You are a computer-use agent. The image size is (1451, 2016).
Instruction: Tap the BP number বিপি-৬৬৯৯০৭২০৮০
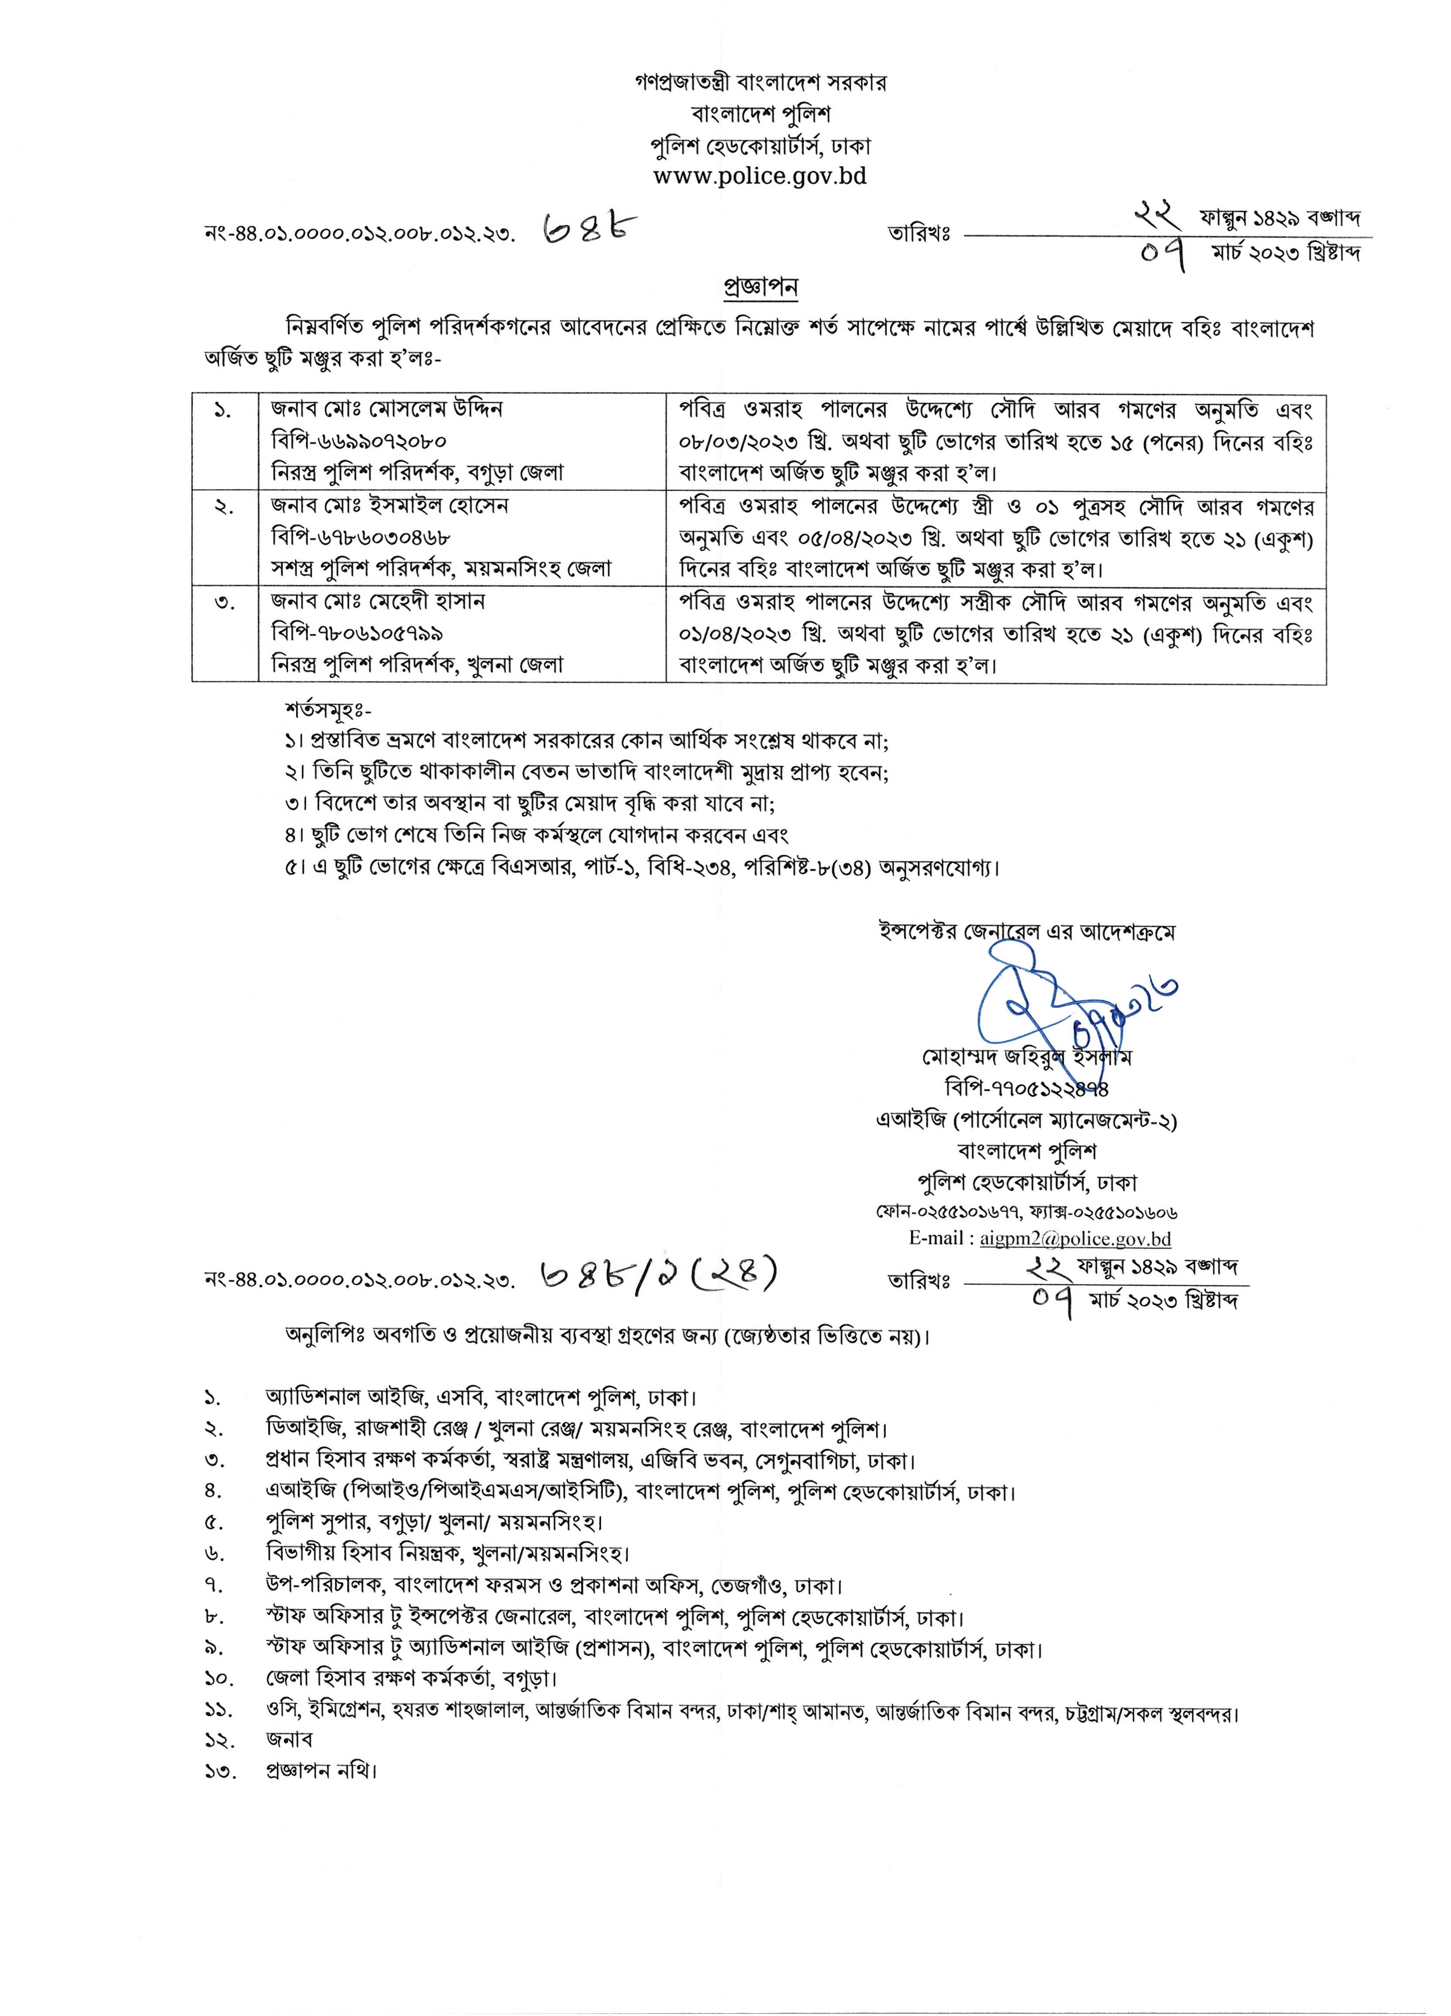point(359,441)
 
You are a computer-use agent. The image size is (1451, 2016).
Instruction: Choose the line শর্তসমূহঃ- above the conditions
point(329,710)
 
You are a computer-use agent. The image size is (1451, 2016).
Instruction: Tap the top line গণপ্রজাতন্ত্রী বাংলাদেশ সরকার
point(760,83)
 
